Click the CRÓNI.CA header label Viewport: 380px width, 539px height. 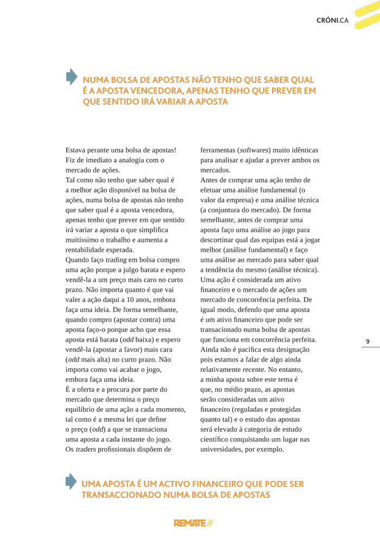pos(332,21)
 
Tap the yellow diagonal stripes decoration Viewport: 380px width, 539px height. pos(365,15)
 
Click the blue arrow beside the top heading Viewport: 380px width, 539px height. pos(71,76)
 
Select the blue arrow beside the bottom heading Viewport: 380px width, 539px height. pos(71,481)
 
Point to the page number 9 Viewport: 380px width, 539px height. pos(368,341)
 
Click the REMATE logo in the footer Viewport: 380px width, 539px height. pos(193,523)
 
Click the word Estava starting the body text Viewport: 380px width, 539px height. pos(78,150)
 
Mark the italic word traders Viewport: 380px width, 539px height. pos(86,449)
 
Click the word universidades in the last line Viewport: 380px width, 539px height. pos(224,449)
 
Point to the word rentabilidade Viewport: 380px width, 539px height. pos(90,250)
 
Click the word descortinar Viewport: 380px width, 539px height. pos(220,240)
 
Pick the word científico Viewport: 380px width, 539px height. pos(217,439)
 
